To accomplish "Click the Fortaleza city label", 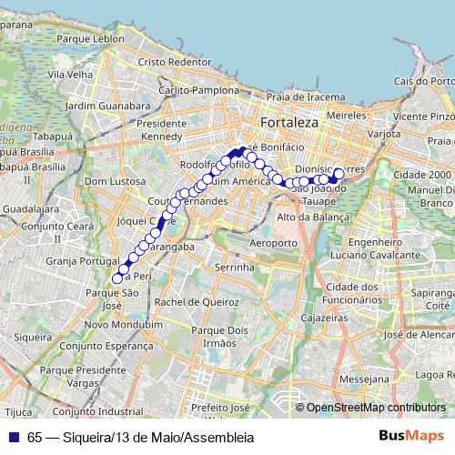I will pyautogui.click(x=287, y=122).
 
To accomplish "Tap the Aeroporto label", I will pyautogui.click(x=273, y=244).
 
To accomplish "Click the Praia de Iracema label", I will pyautogui.click(x=307, y=96).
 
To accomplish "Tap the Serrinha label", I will pyautogui.click(x=235, y=268).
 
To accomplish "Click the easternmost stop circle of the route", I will pyautogui.click(x=339, y=173).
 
